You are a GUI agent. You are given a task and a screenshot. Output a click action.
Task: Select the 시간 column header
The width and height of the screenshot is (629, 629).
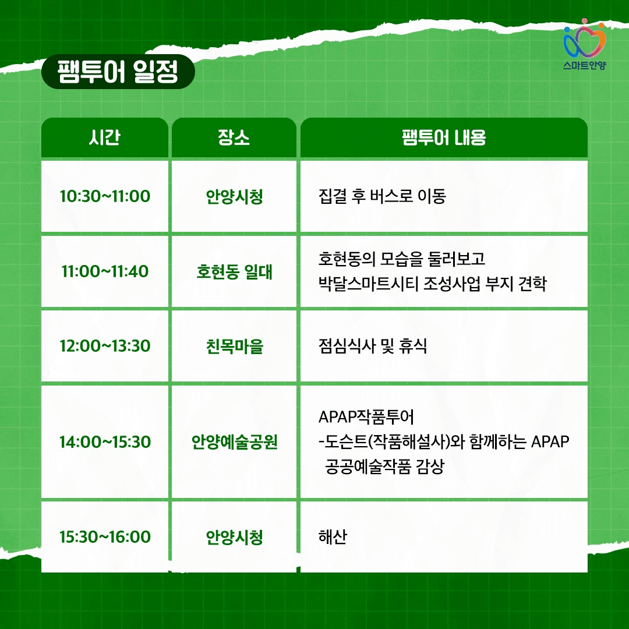point(105,138)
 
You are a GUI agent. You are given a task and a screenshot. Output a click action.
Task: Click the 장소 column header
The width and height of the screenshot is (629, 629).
point(234,138)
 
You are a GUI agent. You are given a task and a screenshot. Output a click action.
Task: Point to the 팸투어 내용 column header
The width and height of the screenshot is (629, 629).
point(444,138)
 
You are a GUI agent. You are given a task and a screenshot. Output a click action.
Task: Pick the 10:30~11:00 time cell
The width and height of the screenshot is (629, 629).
point(105,196)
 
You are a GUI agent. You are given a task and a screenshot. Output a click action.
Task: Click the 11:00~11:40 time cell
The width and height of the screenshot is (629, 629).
point(105,271)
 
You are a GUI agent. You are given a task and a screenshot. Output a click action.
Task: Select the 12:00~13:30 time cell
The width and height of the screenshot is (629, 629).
point(105,346)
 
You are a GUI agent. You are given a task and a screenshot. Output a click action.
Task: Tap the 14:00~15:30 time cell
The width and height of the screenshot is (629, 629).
point(105,442)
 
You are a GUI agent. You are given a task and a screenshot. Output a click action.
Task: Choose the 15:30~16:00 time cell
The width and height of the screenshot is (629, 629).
point(105,536)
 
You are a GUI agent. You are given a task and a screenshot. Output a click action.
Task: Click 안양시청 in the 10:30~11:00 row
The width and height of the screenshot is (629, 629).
point(234,196)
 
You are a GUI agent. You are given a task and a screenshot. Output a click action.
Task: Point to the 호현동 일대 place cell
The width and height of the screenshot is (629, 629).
point(234,271)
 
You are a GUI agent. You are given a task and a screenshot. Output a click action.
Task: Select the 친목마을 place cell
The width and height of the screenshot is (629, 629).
point(234,346)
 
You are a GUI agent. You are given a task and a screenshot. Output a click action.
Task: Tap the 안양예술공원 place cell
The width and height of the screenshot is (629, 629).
point(234,442)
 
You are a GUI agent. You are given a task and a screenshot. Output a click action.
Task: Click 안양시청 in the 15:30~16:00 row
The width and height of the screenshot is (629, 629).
point(234,536)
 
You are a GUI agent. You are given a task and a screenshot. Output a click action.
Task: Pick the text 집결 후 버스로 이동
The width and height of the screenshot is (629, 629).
point(382,196)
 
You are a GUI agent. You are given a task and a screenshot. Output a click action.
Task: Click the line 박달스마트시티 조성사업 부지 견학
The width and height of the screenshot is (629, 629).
point(432,284)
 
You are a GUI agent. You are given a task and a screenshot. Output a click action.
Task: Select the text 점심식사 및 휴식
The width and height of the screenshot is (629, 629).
point(373,346)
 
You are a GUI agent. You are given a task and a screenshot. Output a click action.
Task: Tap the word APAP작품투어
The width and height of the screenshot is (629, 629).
point(366,417)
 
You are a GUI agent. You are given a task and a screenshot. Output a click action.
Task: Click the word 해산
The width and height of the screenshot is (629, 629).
point(333,536)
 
